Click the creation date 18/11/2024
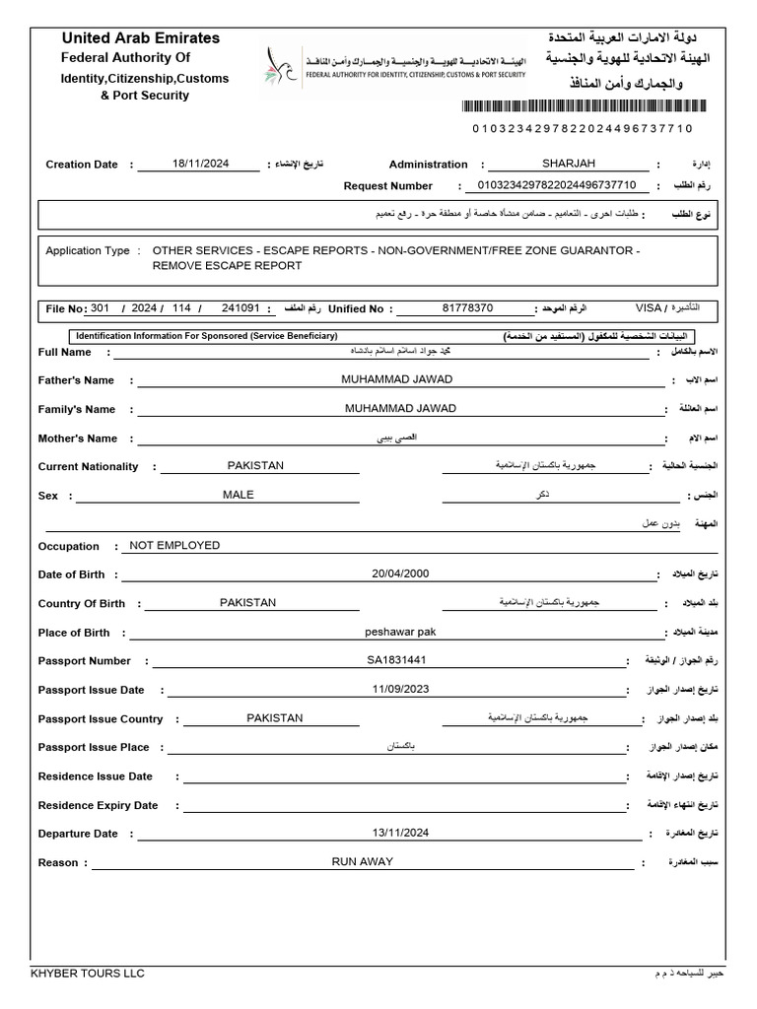point(200,165)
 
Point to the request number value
point(557,185)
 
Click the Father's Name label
point(76,380)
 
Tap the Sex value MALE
point(238,495)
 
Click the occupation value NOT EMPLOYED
point(174,545)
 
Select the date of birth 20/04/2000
point(400,573)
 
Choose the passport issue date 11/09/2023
point(400,689)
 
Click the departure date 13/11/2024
point(400,833)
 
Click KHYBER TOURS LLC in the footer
point(88,974)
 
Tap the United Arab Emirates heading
point(141,38)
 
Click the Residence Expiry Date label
point(98,805)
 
